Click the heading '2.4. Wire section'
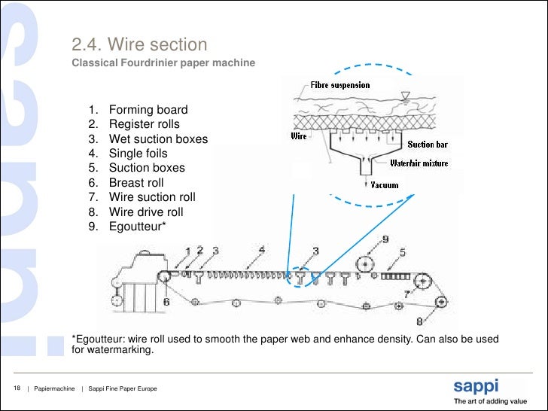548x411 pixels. point(139,46)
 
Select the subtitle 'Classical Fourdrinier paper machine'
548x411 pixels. point(163,62)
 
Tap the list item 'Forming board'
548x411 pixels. point(148,110)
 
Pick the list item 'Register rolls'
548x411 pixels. point(145,124)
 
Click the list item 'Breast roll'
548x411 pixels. point(136,183)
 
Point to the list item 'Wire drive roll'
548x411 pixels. point(146,212)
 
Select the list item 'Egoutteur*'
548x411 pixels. point(138,227)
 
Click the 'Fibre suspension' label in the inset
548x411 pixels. point(341,85)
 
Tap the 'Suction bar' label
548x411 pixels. point(427,144)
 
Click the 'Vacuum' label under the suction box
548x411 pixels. point(385,185)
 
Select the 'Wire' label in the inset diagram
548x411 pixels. point(299,136)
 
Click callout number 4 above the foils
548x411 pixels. point(261,249)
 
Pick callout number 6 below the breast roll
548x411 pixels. point(166,301)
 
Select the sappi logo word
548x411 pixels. point(475,387)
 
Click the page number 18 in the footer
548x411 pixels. point(16,388)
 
